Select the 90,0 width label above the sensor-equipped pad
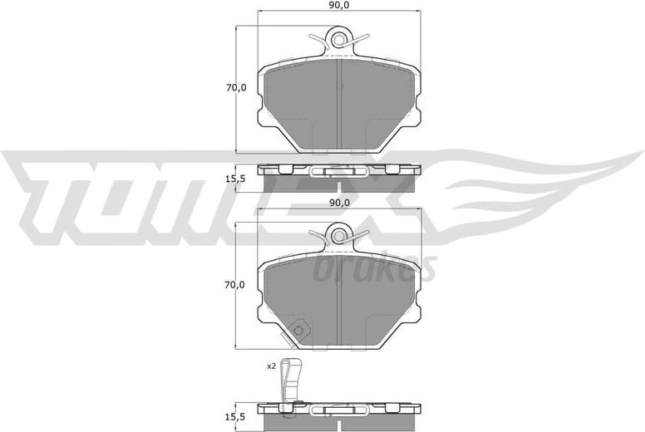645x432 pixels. (338, 202)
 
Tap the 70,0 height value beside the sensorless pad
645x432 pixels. (236, 88)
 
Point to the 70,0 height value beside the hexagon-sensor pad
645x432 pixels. (236, 285)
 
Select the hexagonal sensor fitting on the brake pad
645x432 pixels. (301, 330)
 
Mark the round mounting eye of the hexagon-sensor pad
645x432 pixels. (338, 235)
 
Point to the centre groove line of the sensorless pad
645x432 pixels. (338, 104)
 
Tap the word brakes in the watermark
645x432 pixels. (374, 268)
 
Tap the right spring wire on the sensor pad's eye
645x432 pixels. (359, 234)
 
